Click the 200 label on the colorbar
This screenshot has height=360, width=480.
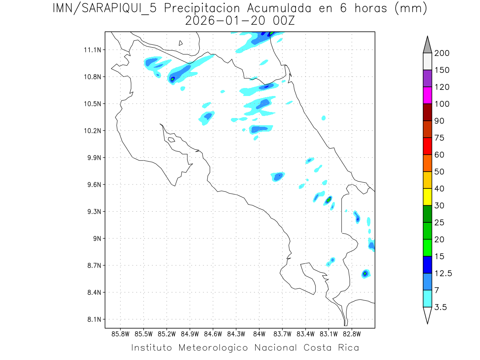(x=442, y=53)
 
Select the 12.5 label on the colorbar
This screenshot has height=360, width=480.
(x=443, y=273)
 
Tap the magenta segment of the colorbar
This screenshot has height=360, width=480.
(x=427, y=95)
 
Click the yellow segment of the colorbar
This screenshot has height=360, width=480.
(x=427, y=197)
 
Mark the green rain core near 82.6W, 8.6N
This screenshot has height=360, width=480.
(x=365, y=274)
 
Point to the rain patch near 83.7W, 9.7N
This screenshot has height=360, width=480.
(x=278, y=176)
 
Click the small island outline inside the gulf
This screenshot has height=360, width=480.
(x=171, y=140)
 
